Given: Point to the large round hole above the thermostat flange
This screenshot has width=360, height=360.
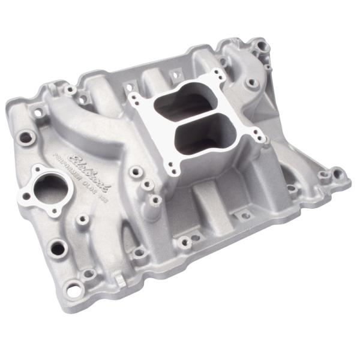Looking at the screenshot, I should click(26, 137).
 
